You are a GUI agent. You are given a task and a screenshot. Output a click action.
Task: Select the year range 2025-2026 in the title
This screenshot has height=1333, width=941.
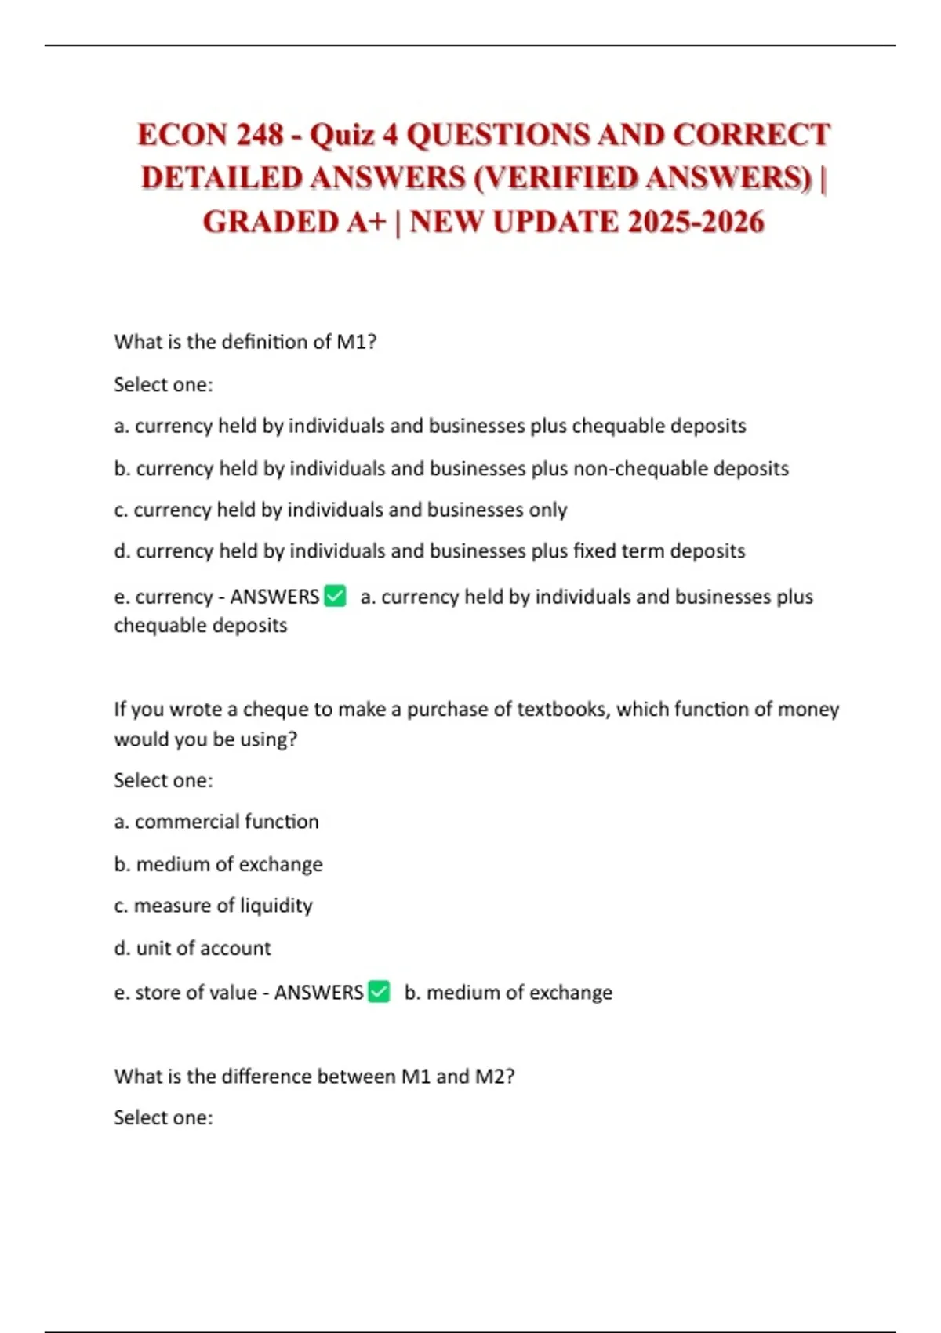click(x=696, y=222)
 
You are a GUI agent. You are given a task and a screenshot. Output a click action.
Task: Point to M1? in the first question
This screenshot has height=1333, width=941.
click(x=357, y=342)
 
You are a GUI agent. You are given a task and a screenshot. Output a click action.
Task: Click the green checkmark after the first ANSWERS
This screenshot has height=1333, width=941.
click(x=336, y=596)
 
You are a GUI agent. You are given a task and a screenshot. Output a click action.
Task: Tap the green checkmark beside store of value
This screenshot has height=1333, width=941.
click(x=379, y=992)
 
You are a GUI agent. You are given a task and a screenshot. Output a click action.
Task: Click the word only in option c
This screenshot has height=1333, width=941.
click(x=548, y=510)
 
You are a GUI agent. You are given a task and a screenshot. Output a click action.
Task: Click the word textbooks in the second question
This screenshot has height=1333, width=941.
click(x=560, y=709)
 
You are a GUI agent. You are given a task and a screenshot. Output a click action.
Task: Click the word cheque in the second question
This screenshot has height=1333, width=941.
click(x=276, y=709)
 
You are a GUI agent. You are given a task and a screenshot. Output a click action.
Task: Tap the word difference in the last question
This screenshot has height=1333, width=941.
click(x=266, y=1076)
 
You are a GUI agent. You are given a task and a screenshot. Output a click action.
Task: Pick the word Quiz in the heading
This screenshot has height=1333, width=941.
click(x=342, y=135)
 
